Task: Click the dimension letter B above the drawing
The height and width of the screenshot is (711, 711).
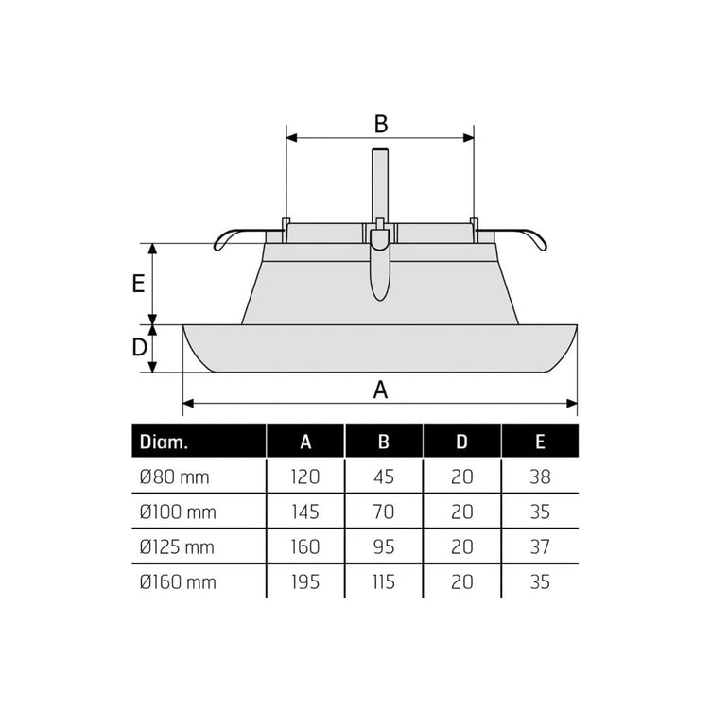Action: tap(381, 124)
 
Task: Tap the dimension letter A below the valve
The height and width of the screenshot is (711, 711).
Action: tap(380, 390)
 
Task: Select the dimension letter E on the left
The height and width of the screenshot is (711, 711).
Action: tap(138, 284)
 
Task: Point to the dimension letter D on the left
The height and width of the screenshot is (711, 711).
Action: tap(140, 347)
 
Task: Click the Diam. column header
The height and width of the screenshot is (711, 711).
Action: tap(164, 442)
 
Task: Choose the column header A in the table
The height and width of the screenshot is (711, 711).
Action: tap(305, 442)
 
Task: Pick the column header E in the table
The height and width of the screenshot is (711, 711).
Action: tap(540, 442)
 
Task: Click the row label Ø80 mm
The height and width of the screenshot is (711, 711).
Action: tap(175, 477)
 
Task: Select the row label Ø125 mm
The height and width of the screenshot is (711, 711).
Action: tap(177, 547)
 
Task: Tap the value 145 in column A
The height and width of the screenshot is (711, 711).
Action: tap(305, 512)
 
